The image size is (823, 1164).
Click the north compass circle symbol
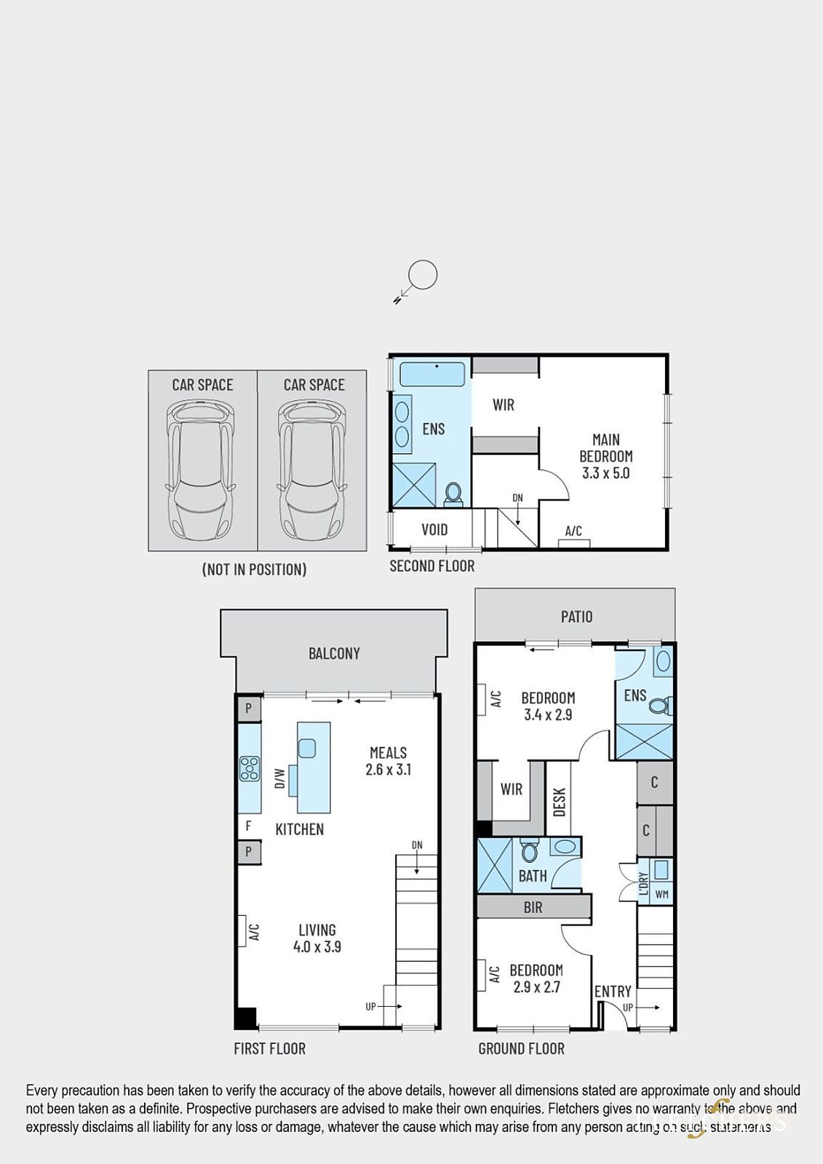[x=422, y=276]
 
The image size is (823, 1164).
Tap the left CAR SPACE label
[x=202, y=385]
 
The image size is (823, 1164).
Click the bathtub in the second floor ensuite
[x=432, y=374]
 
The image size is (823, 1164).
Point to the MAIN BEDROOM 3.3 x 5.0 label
[x=605, y=456]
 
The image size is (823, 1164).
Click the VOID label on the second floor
[x=434, y=530]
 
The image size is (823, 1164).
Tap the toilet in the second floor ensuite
[x=454, y=494]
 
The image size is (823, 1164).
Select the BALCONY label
[x=334, y=653]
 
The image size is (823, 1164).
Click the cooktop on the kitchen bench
[x=250, y=769]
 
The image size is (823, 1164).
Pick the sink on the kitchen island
[x=307, y=748]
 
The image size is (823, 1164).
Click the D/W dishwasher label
[x=279, y=778]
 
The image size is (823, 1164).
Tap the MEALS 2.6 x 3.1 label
[x=388, y=761]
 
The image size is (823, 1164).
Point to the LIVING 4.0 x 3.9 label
[x=317, y=938]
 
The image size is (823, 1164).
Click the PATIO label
[x=576, y=617]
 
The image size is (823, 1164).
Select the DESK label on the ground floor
[x=560, y=802]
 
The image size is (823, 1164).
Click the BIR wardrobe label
[x=533, y=907]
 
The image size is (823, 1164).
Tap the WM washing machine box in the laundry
[x=661, y=894]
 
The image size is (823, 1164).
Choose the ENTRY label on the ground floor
[x=613, y=992]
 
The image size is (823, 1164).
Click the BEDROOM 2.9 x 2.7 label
[x=536, y=978]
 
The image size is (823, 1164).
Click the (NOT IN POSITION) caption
[x=254, y=570]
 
